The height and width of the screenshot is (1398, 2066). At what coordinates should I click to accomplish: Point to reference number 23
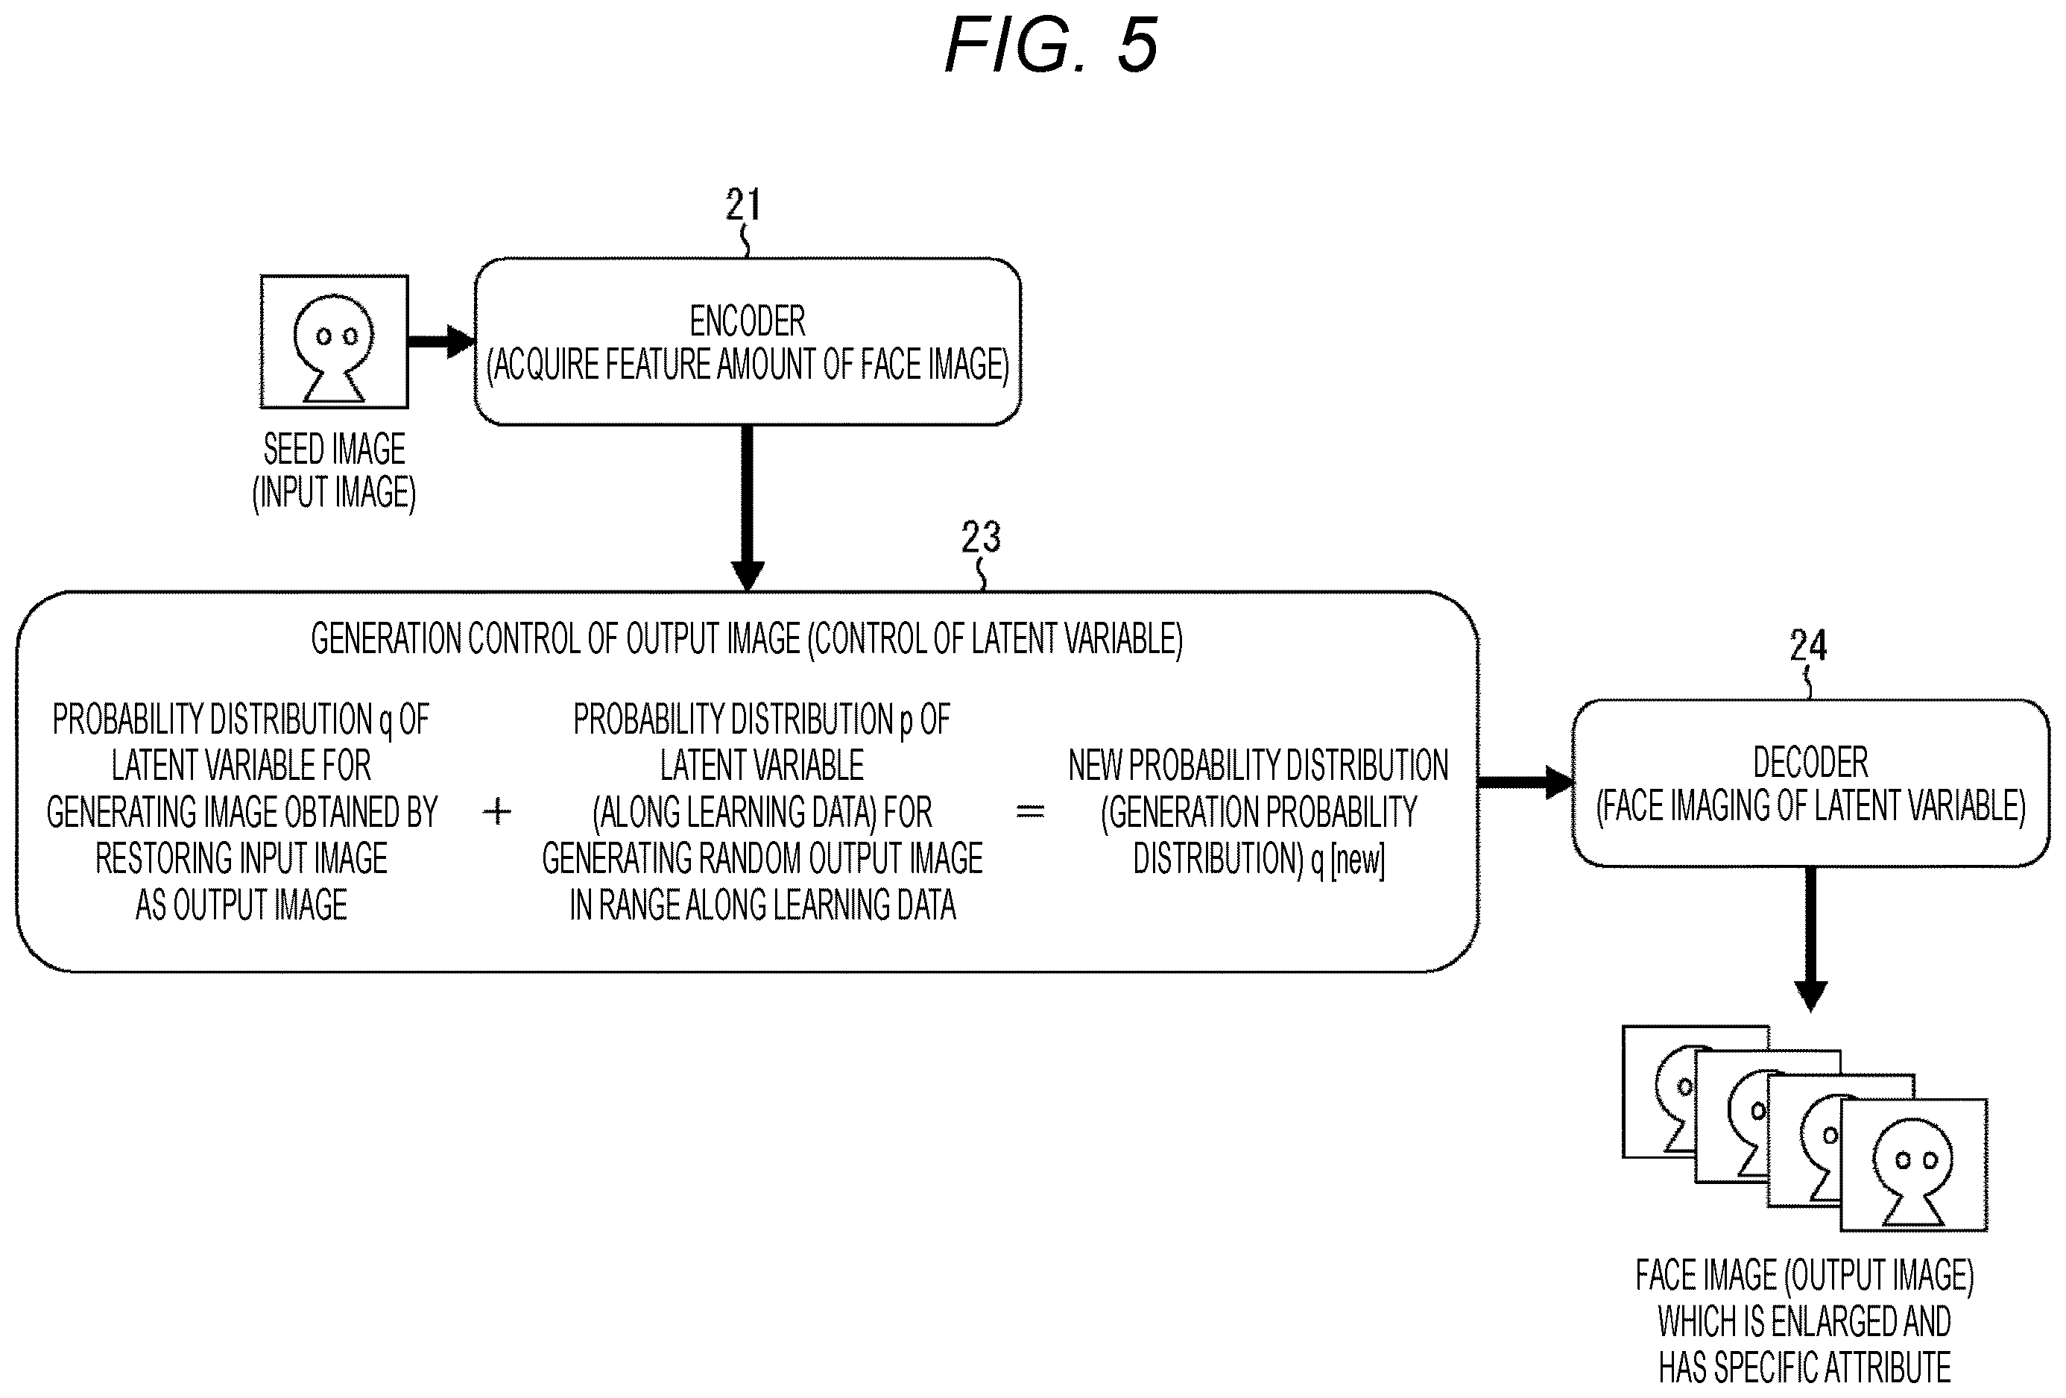click(981, 537)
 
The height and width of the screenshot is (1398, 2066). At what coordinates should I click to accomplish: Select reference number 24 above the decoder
click(1808, 646)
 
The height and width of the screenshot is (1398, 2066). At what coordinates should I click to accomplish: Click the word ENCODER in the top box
click(748, 321)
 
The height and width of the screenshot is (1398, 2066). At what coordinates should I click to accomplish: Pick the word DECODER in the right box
click(1810, 763)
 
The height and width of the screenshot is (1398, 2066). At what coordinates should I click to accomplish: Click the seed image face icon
click(334, 342)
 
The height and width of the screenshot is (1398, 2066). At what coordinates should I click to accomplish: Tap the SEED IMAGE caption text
click(334, 449)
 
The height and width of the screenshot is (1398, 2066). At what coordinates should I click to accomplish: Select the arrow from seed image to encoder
click(442, 341)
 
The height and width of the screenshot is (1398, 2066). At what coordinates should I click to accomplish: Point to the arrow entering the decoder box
click(1526, 783)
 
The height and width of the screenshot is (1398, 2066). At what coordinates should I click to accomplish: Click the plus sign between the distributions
click(497, 811)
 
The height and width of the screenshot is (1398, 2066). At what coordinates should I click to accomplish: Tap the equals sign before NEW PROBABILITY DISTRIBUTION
click(1029, 811)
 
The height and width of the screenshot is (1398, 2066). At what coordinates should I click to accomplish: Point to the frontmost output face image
click(1913, 1165)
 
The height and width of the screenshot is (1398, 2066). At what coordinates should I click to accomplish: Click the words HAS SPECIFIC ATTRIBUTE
click(1804, 1367)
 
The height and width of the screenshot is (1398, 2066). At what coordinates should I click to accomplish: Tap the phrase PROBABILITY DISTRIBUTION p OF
click(762, 720)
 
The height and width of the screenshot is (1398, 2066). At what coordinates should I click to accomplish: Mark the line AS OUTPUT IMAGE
click(241, 905)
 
